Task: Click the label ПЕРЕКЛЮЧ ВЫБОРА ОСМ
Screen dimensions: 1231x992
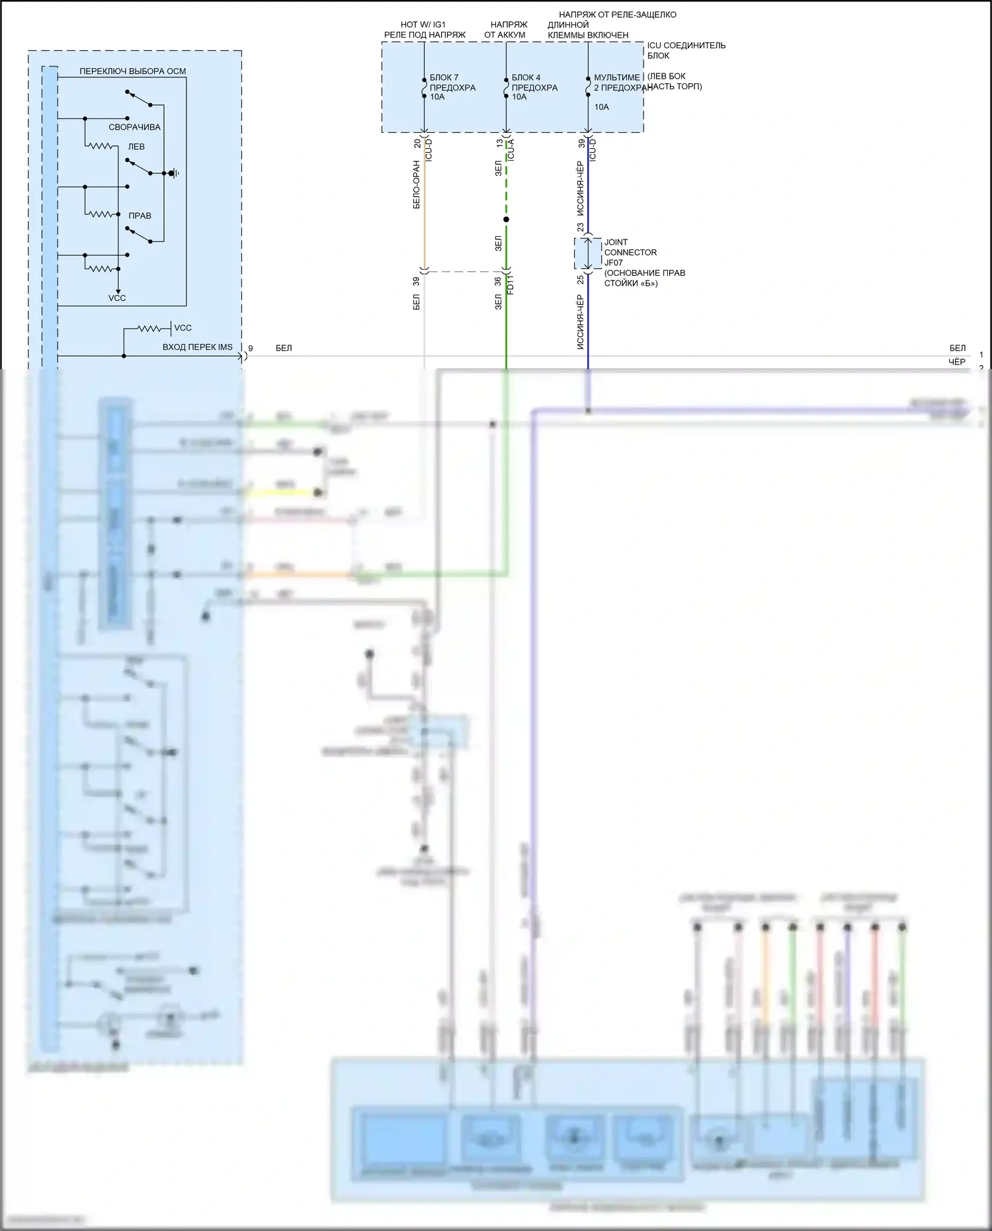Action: coord(132,71)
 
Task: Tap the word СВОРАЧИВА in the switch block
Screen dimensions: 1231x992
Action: coord(134,127)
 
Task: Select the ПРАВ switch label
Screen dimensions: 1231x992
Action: coord(140,216)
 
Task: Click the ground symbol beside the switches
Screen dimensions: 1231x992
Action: coord(173,173)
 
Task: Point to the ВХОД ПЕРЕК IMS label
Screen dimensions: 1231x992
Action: coord(197,347)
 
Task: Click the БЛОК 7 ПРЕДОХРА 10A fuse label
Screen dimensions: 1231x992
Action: coord(452,87)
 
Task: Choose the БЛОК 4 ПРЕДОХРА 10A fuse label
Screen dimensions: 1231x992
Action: coord(534,87)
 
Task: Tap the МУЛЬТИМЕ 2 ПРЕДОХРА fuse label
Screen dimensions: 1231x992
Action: coord(618,83)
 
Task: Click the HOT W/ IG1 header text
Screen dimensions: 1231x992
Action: coord(423,24)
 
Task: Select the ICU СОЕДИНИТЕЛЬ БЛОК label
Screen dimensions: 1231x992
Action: coord(686,50)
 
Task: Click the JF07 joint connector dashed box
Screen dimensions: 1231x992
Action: coord(587,253)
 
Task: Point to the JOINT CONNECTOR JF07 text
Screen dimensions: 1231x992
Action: coord(630,252)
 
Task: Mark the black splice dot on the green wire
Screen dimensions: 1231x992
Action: coord(506,220)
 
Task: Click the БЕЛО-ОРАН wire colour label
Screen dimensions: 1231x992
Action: coord(417,185)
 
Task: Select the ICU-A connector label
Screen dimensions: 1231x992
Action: coord(511,151)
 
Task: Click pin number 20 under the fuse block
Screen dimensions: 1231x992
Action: coord(417,143)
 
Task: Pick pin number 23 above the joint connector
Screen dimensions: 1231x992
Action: coord(580,227)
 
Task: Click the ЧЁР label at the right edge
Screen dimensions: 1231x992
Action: coord(956,362)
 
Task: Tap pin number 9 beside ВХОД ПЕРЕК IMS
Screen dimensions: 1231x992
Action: coord(251,348)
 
